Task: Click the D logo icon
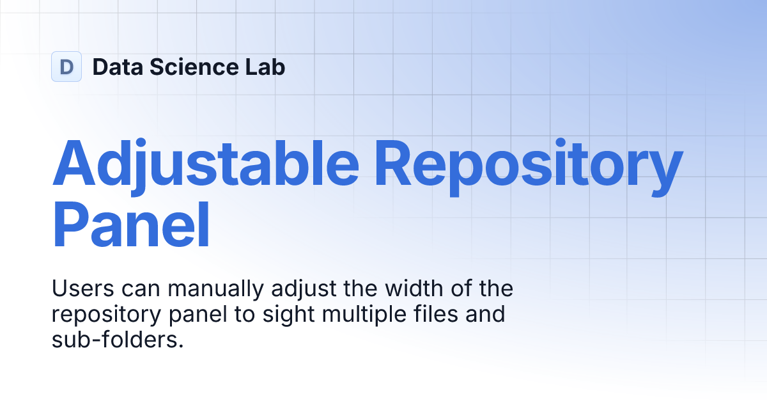[66, 67]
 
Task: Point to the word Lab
[265, 67]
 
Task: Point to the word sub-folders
[117, 340]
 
